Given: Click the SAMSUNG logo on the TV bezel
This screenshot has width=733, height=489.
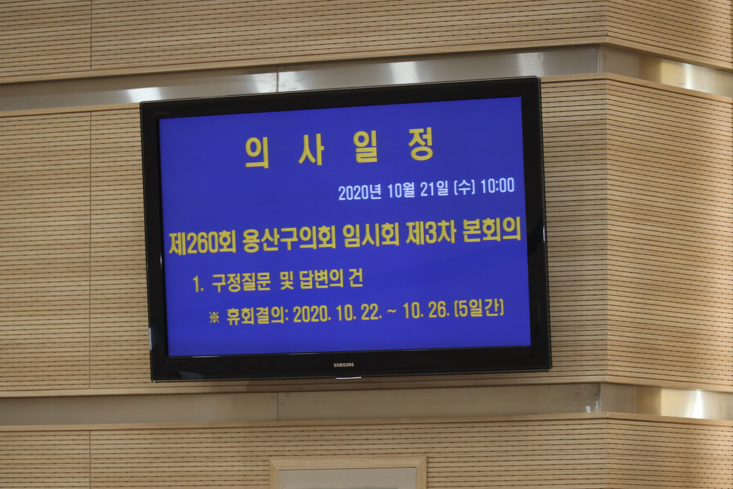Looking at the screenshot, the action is point(343,365).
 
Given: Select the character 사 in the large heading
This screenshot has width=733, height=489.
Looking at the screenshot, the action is point(311,150).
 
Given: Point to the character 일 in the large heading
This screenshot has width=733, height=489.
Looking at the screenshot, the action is point(365,147).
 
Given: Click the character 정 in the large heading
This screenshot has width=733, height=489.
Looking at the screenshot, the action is point(421,144).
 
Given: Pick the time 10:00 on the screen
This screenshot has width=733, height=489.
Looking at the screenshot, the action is point(497,186).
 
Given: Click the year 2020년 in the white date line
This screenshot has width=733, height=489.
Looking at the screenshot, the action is point(360,193).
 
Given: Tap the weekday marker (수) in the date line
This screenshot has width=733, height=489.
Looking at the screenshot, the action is point(465,188).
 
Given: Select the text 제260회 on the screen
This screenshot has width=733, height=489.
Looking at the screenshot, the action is point(202,243).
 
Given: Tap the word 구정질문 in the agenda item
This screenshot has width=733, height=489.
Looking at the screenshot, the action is point(241,282).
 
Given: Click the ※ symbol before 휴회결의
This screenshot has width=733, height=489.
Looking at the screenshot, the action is point(214,317).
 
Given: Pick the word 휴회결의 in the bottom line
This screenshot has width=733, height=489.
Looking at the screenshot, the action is point(256,316).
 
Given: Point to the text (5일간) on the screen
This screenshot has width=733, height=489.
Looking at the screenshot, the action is point(480,309).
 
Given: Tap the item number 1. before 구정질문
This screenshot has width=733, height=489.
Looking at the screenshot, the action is point(199,284).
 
